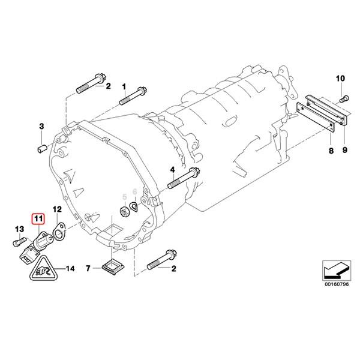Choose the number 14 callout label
pos(70,268)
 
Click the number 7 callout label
pos(89,268)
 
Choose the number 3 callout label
pos(41,125)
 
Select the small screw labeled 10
pos(342,96)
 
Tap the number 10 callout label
pos(340,79)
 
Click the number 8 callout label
pos(330,152)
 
